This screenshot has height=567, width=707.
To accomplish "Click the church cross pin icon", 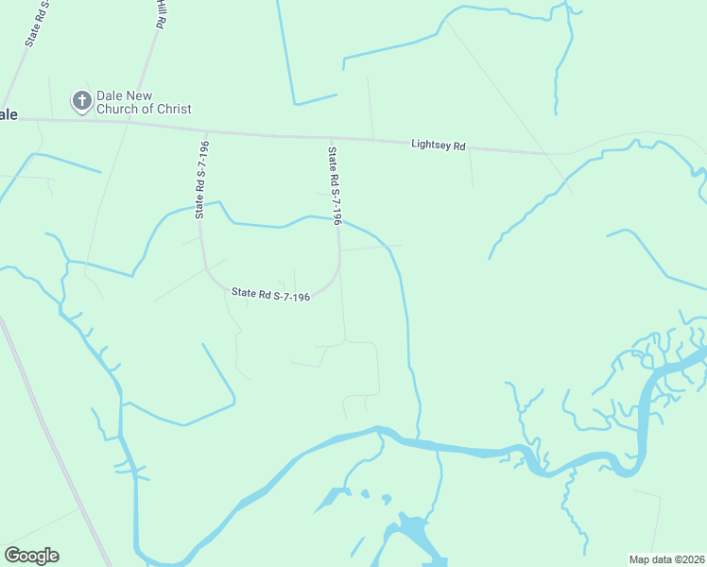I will click(82, 99).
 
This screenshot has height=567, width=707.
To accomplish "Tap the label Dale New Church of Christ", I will click(144, 102).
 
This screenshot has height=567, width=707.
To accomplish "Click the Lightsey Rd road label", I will click(439, 146).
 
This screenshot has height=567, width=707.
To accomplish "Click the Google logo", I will click(31, 556).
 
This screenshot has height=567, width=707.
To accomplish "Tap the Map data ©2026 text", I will click(666, 558).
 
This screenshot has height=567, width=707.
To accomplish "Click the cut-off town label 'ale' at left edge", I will click(9, 114).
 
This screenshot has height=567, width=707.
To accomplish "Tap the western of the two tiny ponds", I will click(365, 493).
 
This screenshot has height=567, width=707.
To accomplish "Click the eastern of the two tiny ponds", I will click(386, 498).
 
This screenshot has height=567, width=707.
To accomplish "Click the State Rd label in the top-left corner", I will click(35, 24).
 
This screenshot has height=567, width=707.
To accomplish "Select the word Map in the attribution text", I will click(642, 558).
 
